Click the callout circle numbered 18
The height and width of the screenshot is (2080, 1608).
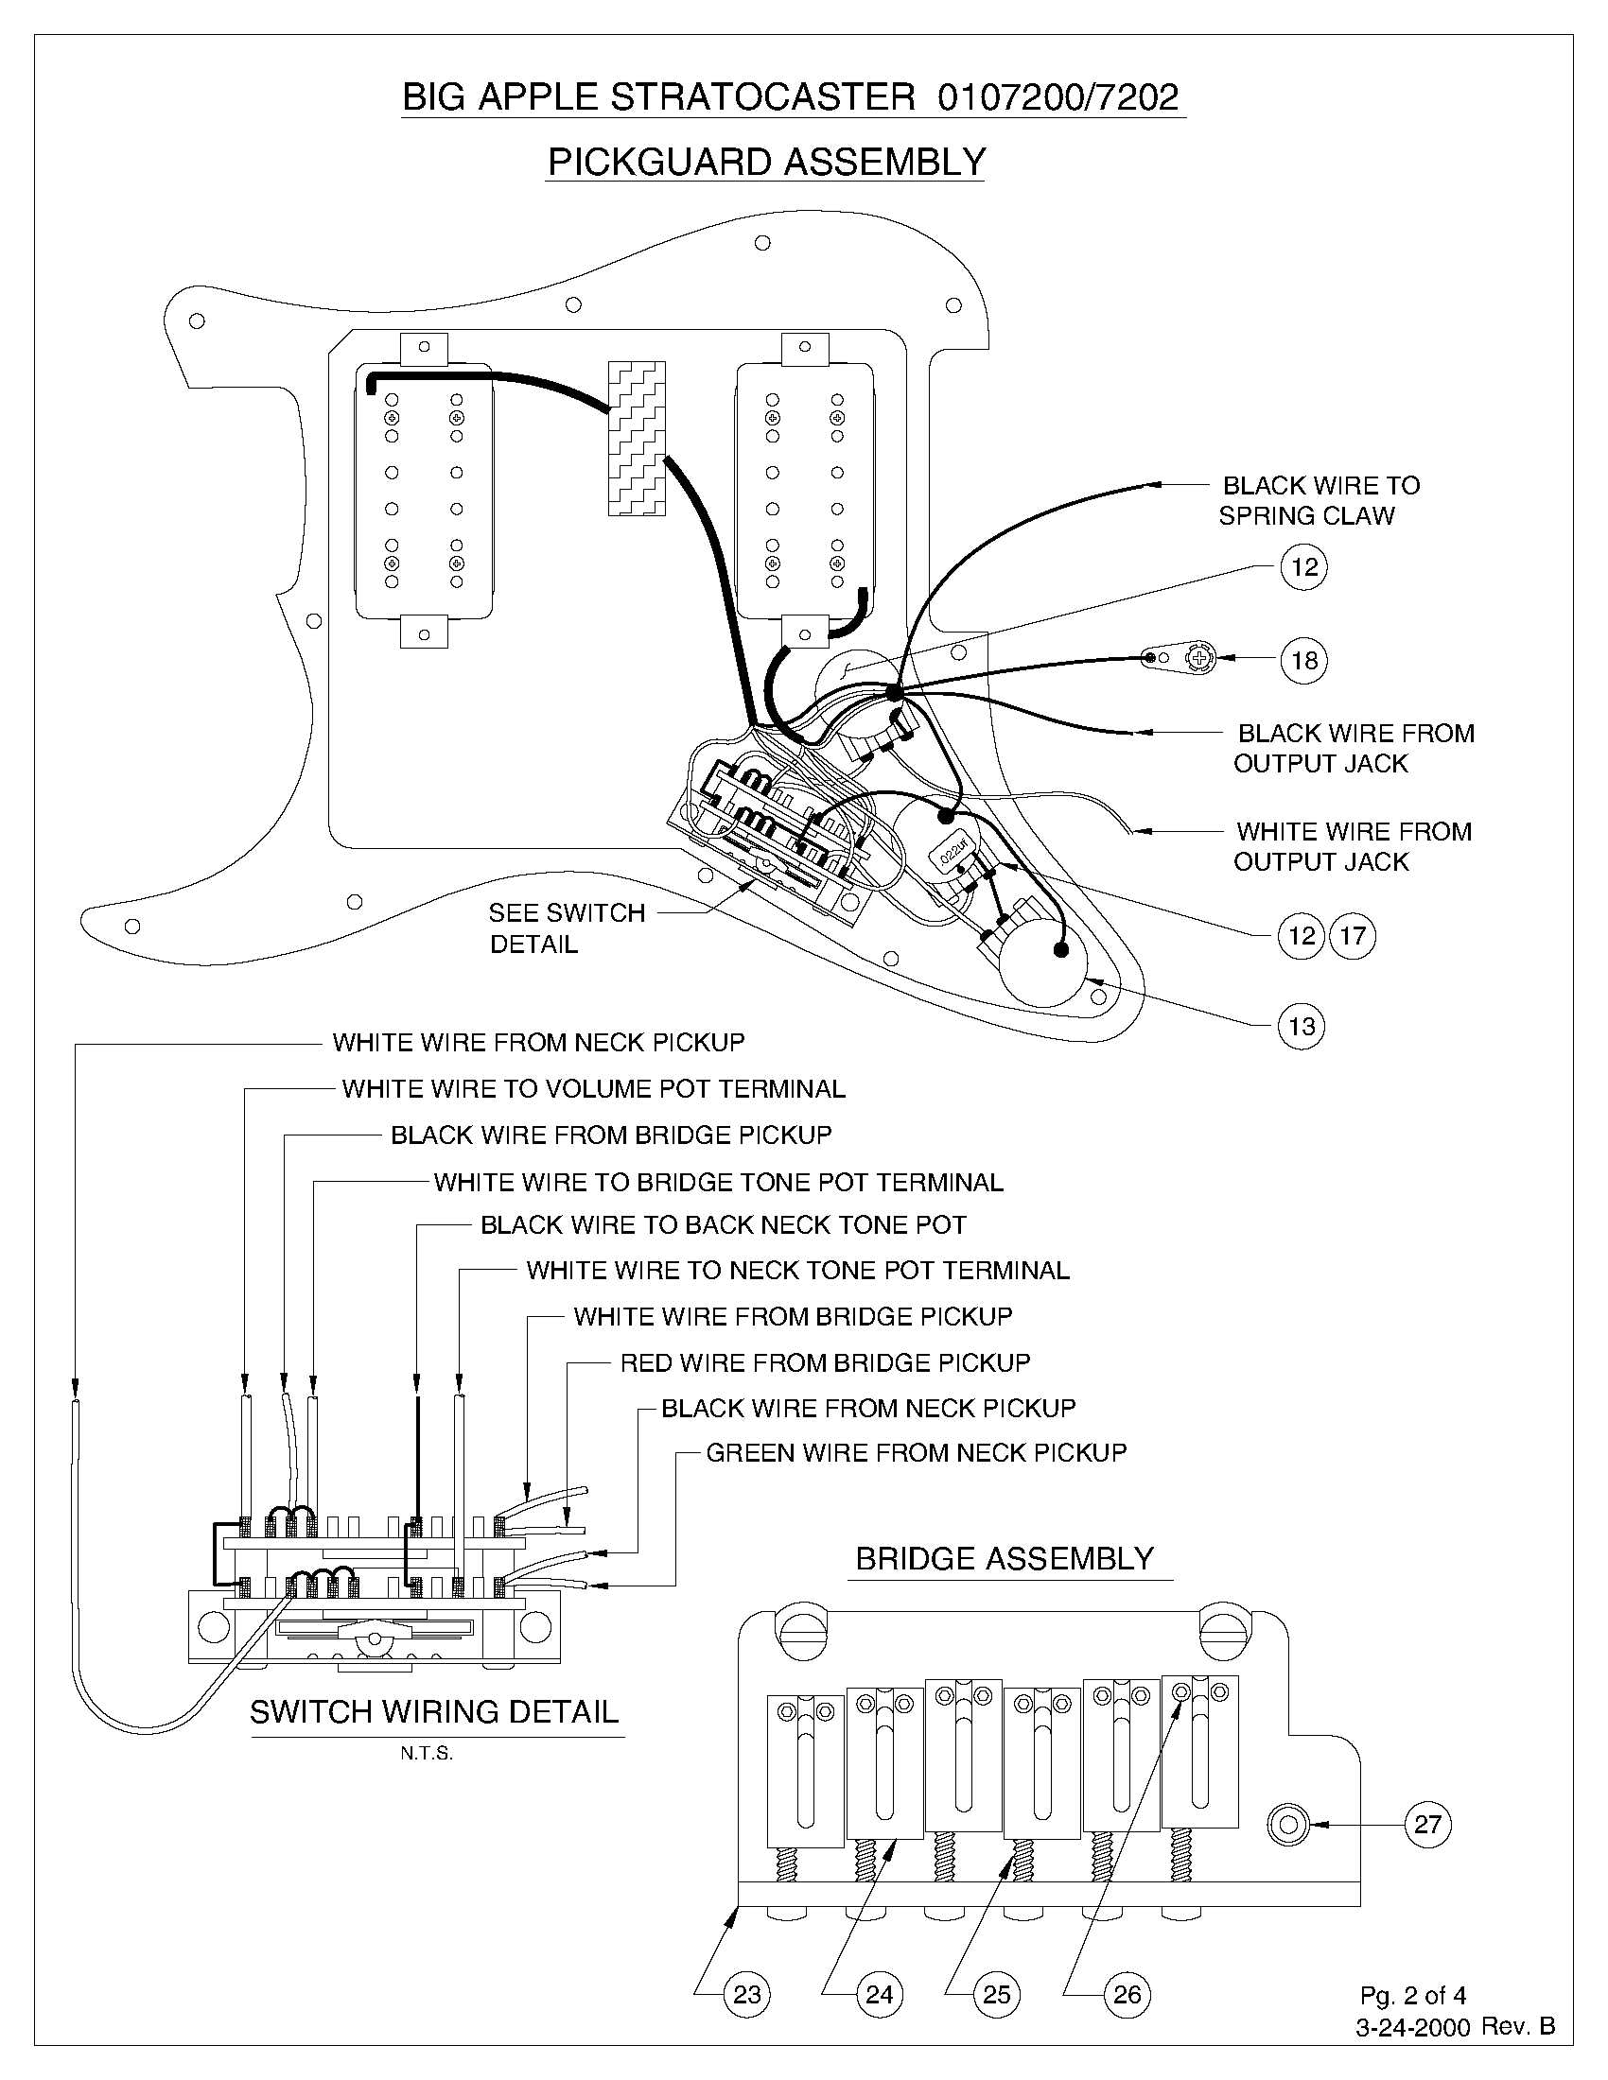pos(1303,659)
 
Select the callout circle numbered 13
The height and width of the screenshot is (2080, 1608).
pos(1302,1026)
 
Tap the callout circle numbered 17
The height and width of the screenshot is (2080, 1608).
pos(1353,935)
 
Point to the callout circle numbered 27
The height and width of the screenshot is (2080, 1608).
pos(1427,1825)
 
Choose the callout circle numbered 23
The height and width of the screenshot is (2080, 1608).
pos(748,1993)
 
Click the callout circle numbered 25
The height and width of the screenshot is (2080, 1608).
pos(995,1993)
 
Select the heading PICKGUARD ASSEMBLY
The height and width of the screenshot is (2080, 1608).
pos(766,162)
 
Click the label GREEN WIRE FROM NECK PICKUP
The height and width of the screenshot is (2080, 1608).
pos(917,1452)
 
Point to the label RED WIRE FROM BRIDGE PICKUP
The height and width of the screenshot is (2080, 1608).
pos(825,1361)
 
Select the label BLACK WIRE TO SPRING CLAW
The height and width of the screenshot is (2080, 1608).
pos(1320,501)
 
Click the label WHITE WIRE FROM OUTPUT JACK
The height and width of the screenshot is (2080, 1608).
pos(1352,846)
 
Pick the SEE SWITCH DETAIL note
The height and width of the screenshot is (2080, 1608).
pos(567,927)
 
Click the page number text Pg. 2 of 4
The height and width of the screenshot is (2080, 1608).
pos(1413,1994)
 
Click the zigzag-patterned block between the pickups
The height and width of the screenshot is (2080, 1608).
pos(637,439)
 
